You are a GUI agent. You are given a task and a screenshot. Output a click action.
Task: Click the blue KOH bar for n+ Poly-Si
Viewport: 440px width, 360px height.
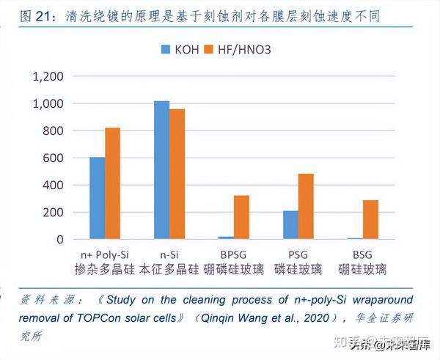click(98, 198)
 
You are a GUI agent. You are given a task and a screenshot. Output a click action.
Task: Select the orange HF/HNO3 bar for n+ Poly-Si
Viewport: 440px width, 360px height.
click(113, 183)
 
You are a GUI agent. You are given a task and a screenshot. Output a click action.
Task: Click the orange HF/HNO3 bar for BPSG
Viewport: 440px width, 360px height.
click(242, 217)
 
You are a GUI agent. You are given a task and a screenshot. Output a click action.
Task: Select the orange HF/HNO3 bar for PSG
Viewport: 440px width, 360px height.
click(306, 206)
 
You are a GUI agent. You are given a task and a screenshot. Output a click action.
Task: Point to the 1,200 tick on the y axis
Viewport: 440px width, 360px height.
click(48, 76)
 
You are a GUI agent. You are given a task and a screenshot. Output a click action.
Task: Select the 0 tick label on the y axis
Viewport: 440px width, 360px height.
click(61, 239)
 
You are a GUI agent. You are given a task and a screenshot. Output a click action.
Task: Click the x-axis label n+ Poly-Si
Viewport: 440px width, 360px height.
click(106, 254)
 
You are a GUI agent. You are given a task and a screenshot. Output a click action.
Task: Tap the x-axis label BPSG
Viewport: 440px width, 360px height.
click(234, 254)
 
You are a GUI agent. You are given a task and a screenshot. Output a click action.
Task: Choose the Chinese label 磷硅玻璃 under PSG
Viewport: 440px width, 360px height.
click(298, 269)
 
